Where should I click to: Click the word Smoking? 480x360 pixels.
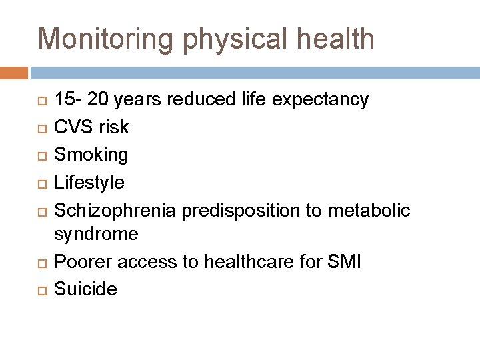(91, 154)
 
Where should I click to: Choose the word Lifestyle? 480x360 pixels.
(89, 181)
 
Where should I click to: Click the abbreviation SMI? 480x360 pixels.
(345, 262)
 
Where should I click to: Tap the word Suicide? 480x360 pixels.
(85, 289)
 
